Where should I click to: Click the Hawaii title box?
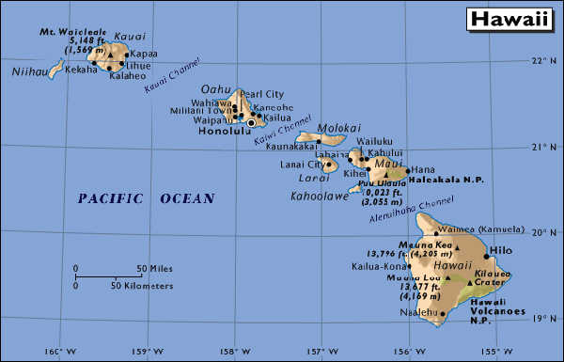click(x=509, y=19)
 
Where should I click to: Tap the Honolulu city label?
click(x=225, y=132)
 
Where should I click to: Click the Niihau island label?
click(x=27, y=71)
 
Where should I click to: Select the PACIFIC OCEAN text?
click(x=146, y=198)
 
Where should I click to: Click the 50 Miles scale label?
click(x=153, y=268)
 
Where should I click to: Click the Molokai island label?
click(x=339, y=128)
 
